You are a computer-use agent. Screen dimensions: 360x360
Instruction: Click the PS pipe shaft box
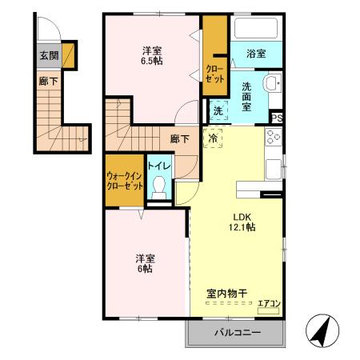click(276, 118)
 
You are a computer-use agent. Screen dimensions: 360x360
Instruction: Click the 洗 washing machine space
click(218, 112)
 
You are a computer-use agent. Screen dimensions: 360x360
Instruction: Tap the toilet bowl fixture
click(159, 186)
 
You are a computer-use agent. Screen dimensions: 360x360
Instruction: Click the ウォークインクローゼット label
click(124, 180)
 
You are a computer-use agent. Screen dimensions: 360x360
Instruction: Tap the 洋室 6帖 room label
click(145, 263)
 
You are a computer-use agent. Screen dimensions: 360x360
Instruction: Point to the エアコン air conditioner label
click(268, 302)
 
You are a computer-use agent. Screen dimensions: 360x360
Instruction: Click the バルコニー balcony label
click(236, 332)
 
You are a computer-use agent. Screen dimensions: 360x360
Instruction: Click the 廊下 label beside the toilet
click(179, 138)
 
